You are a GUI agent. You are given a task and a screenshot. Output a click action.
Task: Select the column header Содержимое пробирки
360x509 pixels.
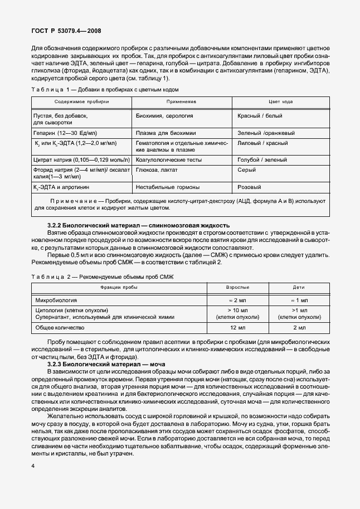tap(82, 101)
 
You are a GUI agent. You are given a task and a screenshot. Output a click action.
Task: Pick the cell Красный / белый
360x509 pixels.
tap(260, 115)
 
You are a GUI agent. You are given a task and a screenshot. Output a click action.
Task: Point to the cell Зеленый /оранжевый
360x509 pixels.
tap(266, 133)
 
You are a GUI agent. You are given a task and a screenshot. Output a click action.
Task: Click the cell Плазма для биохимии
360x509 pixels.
tap(165, 133)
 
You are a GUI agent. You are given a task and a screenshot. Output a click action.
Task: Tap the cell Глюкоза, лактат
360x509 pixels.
tap(157, 169)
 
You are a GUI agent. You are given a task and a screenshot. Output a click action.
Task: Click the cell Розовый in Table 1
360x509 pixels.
tap(249, 187)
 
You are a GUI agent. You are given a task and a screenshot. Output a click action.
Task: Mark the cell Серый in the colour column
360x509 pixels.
tap(247, 169)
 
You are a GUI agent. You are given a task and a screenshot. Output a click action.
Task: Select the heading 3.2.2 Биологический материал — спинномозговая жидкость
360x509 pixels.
tap(139, 225)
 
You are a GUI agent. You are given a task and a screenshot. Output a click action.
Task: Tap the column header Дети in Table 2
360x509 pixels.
tap(299, 288)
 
